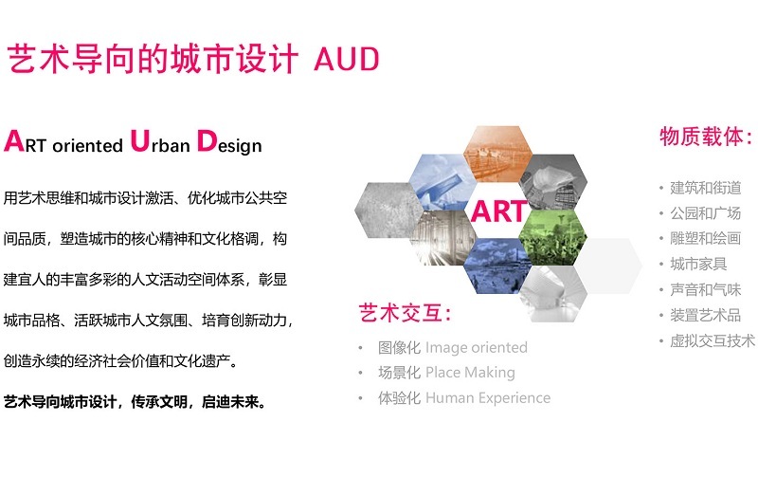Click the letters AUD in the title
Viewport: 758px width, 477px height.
click(x=346, y=59)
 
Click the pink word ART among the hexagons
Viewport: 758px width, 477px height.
click(x=499, y=211)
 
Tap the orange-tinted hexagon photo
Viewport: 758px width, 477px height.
click(x=498, y=153)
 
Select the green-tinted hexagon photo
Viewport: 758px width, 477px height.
click(x=553, y=237)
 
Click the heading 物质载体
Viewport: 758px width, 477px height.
click(x=706, y=137)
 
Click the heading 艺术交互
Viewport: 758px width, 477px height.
click(x=405, y=313)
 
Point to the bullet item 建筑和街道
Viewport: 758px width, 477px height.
click(x=705, y=188)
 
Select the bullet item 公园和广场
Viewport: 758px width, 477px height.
click(x=705, y=212)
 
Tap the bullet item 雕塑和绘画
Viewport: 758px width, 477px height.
click(x=705, y=238)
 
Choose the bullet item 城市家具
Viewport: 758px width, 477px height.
click(x=698, y=264)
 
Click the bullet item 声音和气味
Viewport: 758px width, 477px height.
click(x=705, y=289)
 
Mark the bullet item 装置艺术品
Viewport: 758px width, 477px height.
click(x=705, y=315)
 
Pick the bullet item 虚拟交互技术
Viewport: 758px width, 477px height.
click(x=713, y=340)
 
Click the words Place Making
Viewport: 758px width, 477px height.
click(x=470, y=373)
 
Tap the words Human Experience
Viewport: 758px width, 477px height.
click(x=488, y=397)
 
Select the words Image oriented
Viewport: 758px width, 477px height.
click(x=477, y=347)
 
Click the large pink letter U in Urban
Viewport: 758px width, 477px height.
click(x=139, y=140)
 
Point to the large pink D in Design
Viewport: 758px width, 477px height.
click(x=207, y=140)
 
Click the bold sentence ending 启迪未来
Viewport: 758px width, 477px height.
click(x=135, y=401)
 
